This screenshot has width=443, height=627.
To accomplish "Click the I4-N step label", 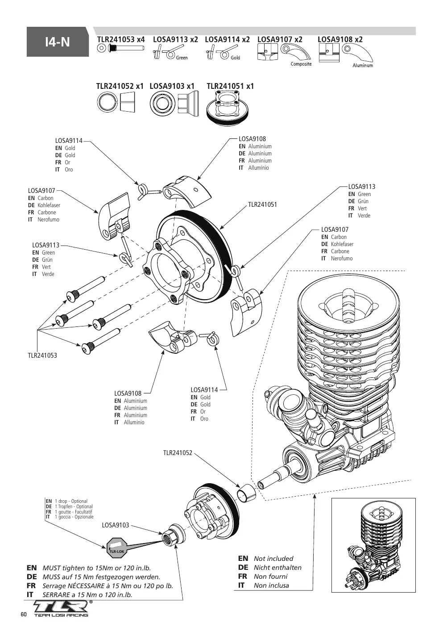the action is (58, 42).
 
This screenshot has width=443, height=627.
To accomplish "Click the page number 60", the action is (24, 614).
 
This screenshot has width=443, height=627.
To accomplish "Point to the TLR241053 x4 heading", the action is (121, 39).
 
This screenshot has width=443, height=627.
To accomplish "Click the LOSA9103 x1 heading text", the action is (172, 86).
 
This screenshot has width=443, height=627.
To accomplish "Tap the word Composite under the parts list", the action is (301, 64).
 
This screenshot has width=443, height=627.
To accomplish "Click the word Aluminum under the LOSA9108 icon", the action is (363, 66).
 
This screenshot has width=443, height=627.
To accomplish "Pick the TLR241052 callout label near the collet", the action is (178, 453).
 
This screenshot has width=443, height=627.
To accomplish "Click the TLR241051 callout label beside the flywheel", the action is (262, 205).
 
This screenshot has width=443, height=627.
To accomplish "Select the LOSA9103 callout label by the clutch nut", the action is (115, 525).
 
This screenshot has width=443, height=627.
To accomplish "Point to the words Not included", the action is (273, 558).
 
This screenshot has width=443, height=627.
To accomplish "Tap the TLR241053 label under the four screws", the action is (42, 355).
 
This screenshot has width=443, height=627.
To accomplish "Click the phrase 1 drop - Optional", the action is (71, 501).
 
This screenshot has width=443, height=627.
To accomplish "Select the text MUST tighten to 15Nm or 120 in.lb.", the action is (96, 568).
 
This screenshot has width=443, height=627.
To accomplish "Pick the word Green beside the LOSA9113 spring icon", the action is (182, 58).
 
